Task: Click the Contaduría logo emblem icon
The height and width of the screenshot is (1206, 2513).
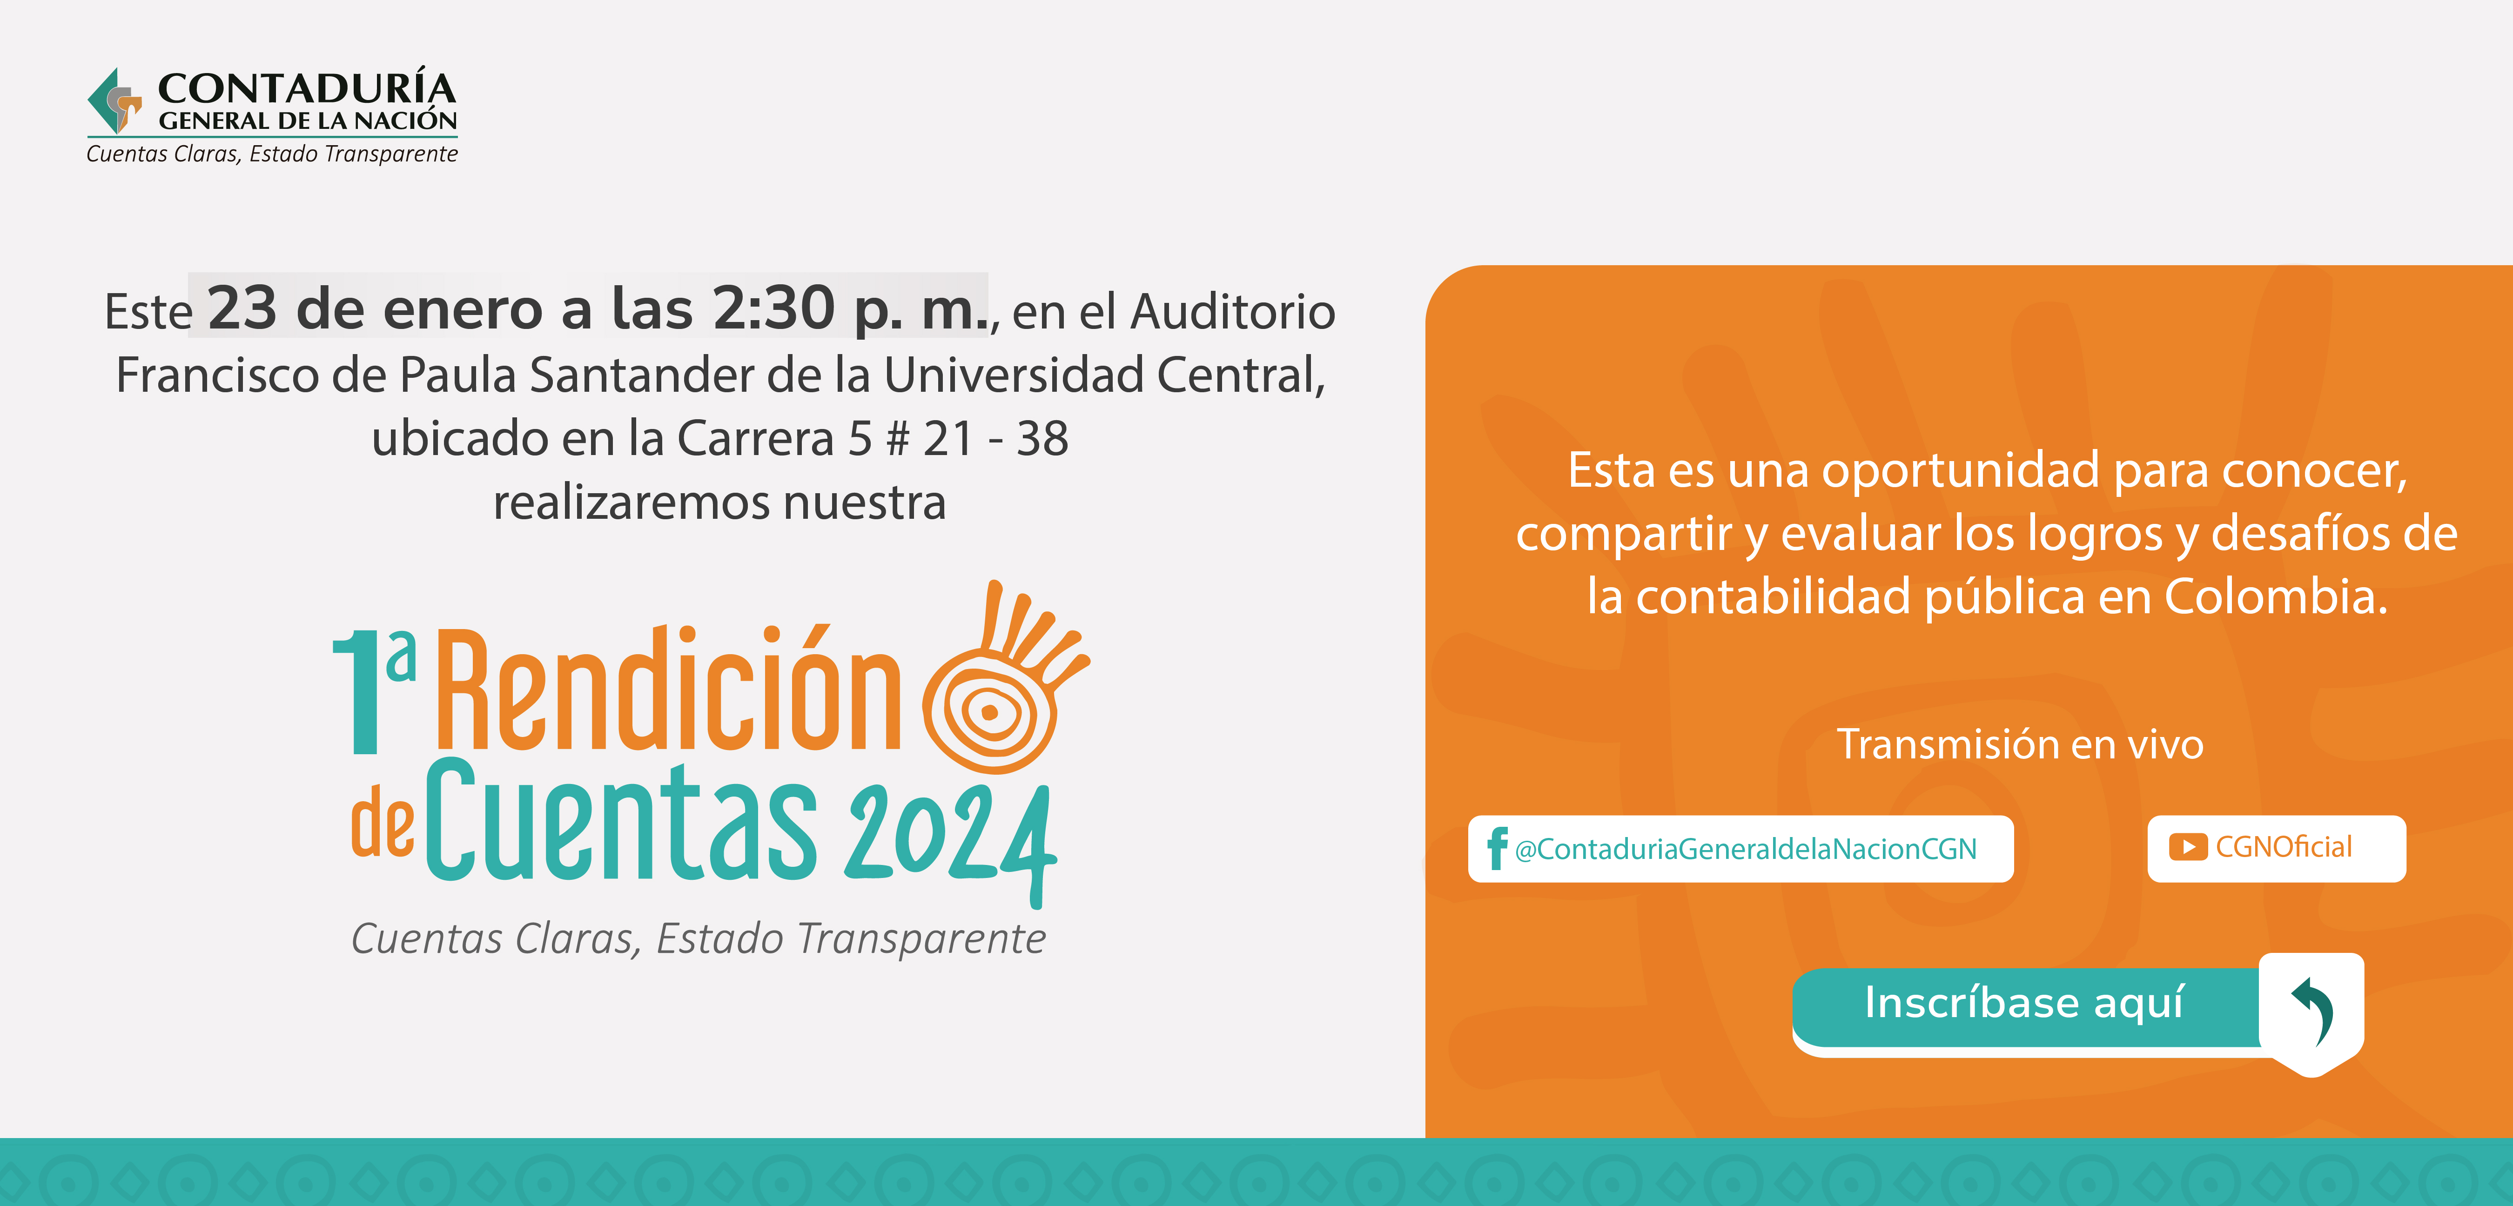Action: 114,100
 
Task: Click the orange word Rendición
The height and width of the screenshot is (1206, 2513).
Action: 668,688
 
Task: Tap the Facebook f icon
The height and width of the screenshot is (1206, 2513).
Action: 1497,848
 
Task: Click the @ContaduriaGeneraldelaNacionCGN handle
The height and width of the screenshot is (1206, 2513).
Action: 1745,849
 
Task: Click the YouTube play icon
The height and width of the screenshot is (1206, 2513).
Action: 2188,847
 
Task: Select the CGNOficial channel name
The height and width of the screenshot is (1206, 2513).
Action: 2284,847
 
